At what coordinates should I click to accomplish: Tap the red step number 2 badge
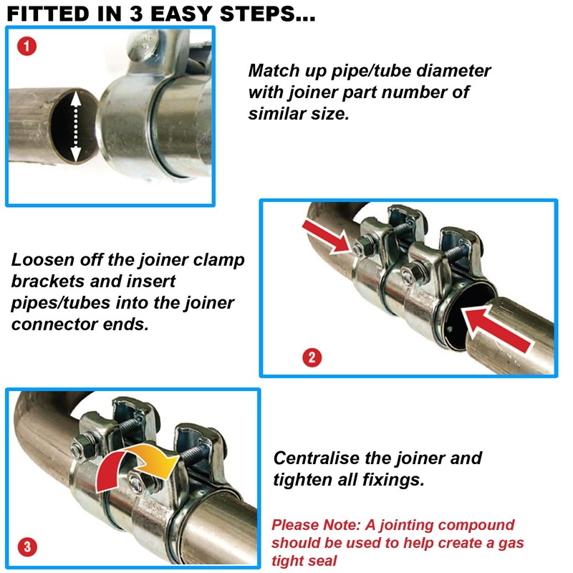pos(310,356)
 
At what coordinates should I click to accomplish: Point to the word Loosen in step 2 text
pos(42,260)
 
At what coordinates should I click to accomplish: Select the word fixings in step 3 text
pos(395,479)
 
